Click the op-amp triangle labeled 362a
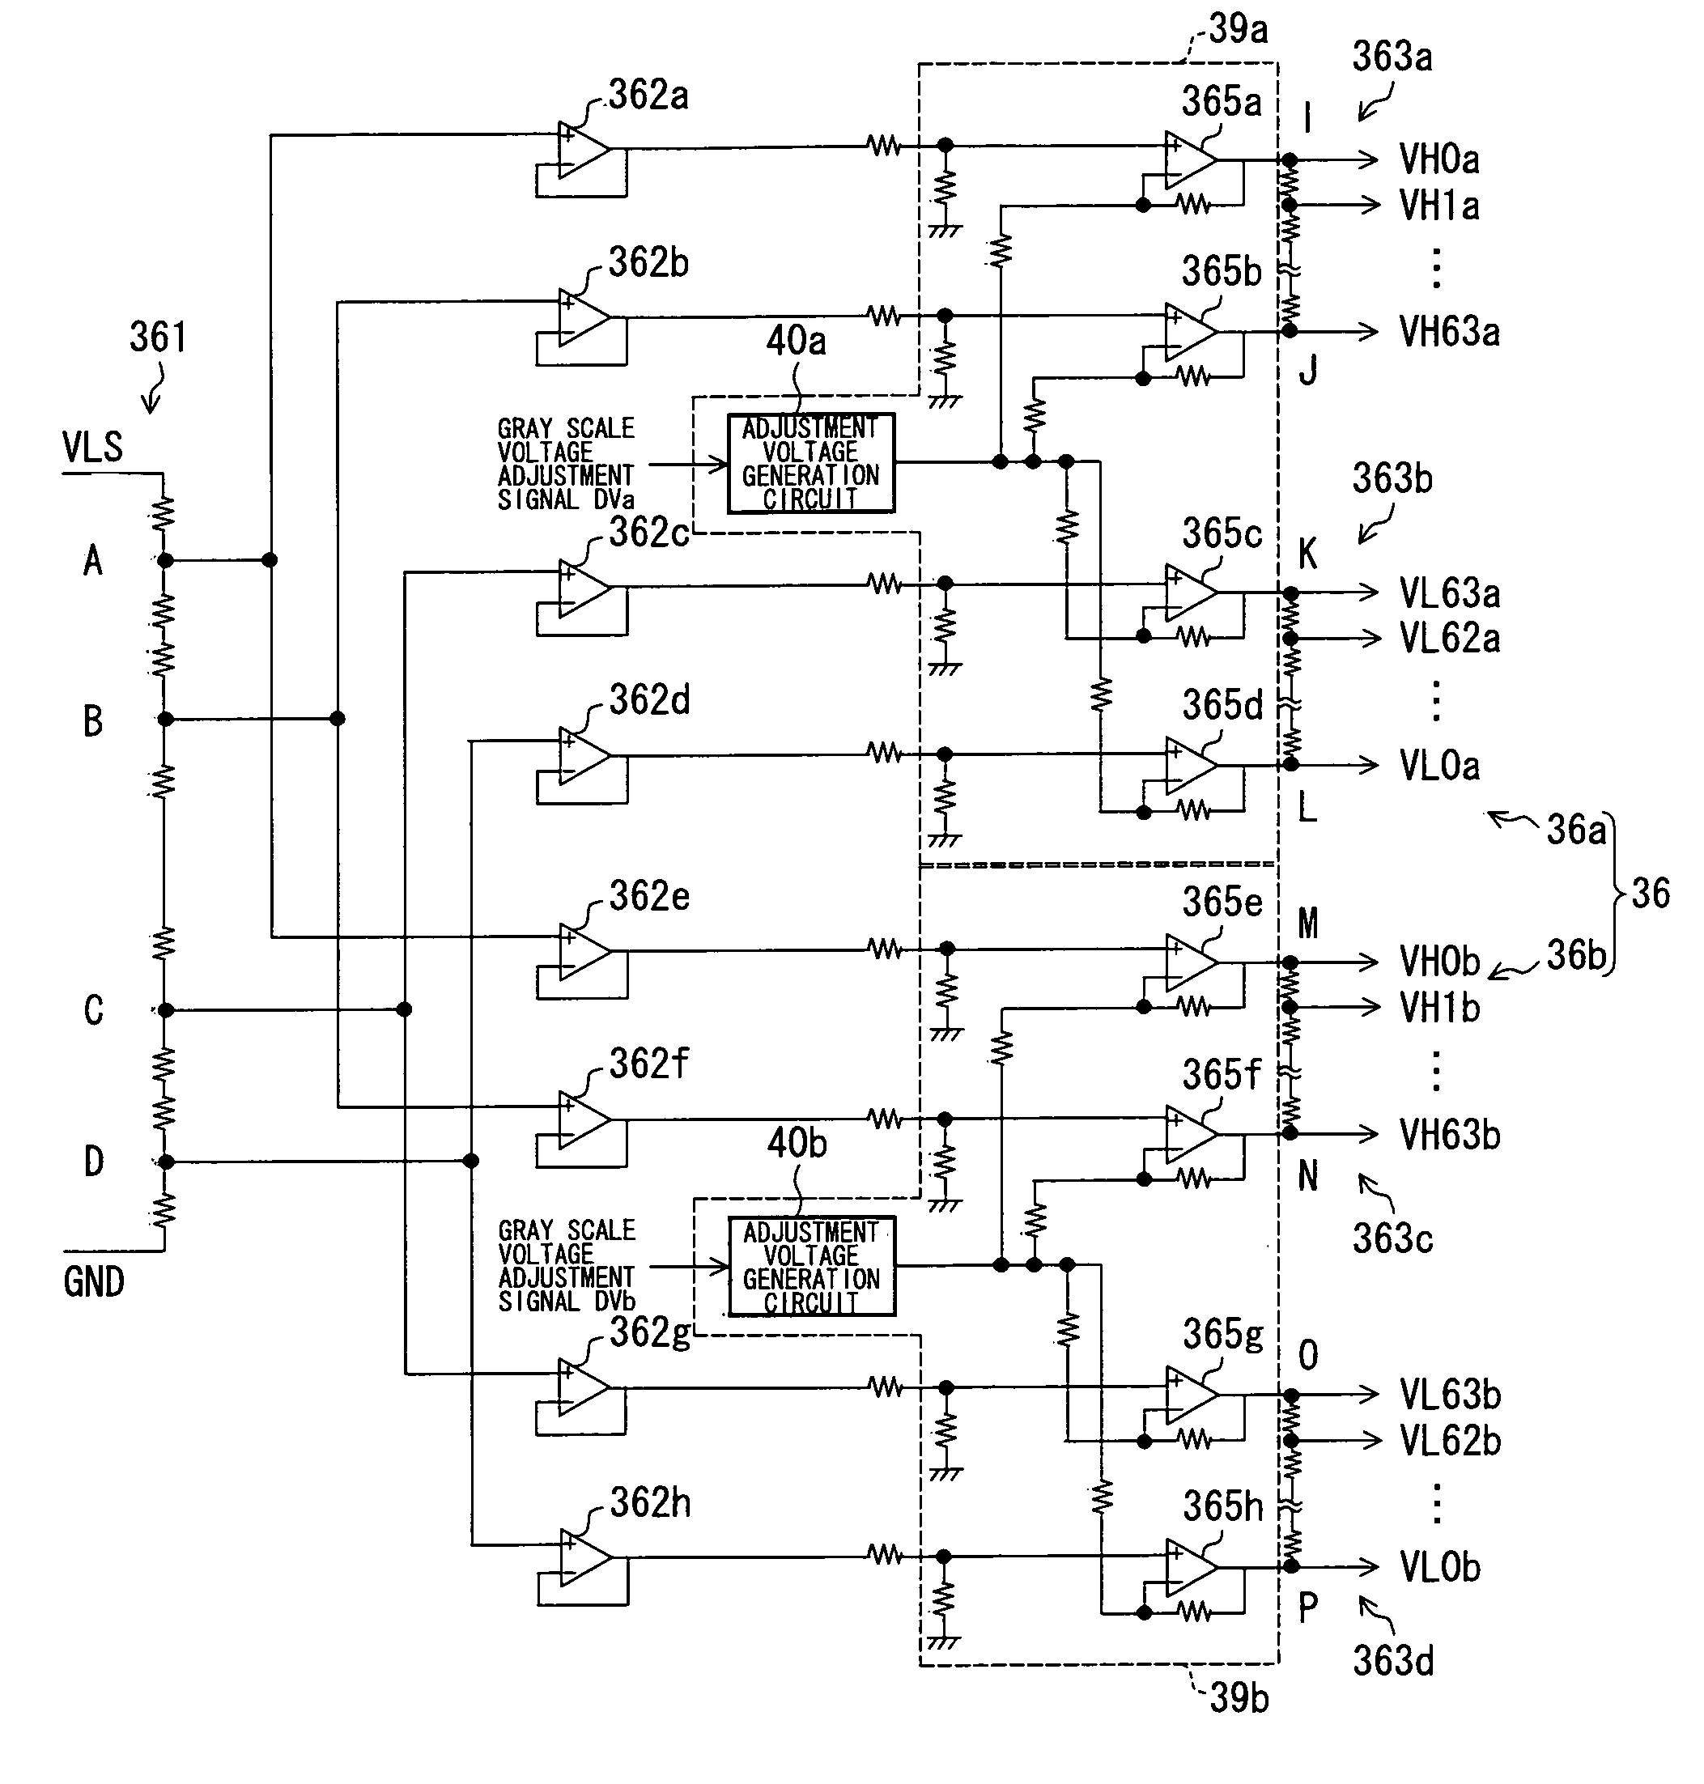[x=583, y=149]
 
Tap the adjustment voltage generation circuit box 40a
[x=811, y=463]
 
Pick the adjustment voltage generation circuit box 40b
[x=812, y=1266]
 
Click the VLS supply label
[x=92, y=448]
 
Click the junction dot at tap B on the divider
[x=164, y=720]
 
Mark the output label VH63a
[x=1449, y=332]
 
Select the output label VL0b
[x=1439, y=1567]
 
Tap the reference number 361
[x=158, y=337]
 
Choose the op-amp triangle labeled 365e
[x=1191, y=962]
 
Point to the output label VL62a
[x=1450, y=639]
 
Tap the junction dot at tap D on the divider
[x=164, y=1162]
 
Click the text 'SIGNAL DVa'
[x=566, y=499]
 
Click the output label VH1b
[x=1439, y=1008]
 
